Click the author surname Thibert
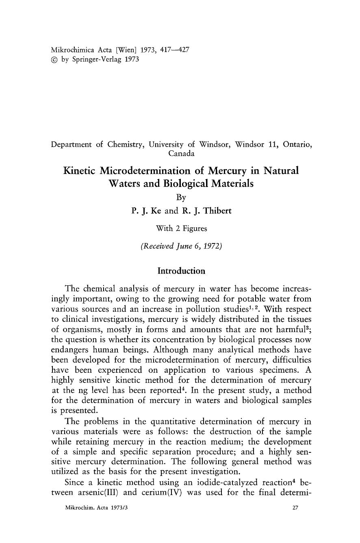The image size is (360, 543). click(x=216, y=211)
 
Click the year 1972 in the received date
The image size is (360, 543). click(x=211, y=246)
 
